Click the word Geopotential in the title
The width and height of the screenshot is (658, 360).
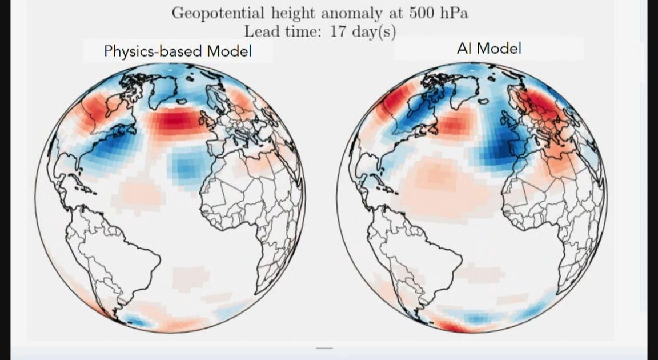(218, 13)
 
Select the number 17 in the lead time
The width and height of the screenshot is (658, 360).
(338, 31)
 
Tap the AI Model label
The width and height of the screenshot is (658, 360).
(489, 48)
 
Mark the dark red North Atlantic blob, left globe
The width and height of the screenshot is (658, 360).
(176, 122)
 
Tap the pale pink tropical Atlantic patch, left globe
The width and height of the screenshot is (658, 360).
(141, 194)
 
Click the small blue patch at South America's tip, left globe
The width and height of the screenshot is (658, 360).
(138, 321)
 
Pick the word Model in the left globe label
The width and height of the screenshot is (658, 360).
(230, 51)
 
